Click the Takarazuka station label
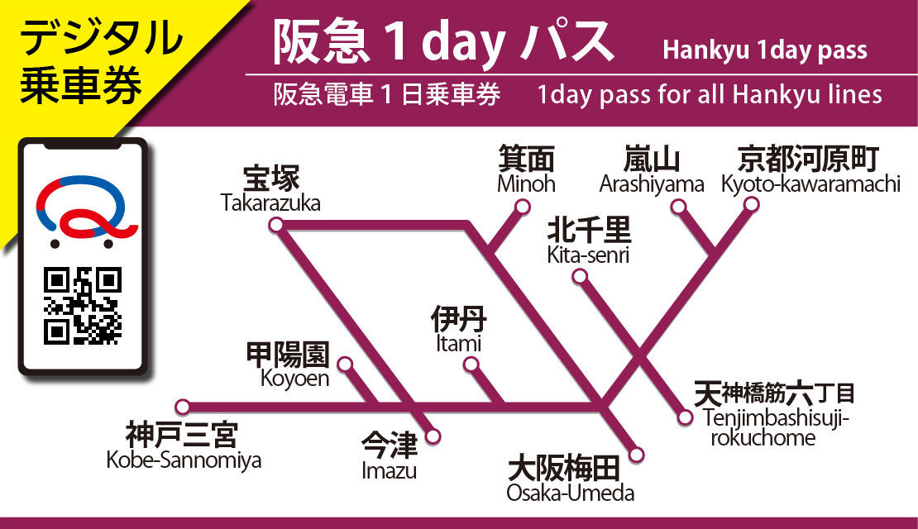click(270, 190)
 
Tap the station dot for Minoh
click(523, 207)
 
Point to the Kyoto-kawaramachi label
click(810, 170)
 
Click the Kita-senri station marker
click(581, 276)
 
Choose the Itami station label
click(458, 329)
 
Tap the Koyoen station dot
click(345, 364)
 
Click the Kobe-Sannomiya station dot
click(184, 407)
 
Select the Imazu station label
click(390, 458)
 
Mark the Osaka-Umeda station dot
click(637, 454)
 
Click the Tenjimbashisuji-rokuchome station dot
click(685, 417)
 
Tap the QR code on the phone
click(82, 306)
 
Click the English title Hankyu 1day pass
click(765, 51)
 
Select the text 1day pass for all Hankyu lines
click(710, 95)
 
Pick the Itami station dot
click(471, 364)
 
